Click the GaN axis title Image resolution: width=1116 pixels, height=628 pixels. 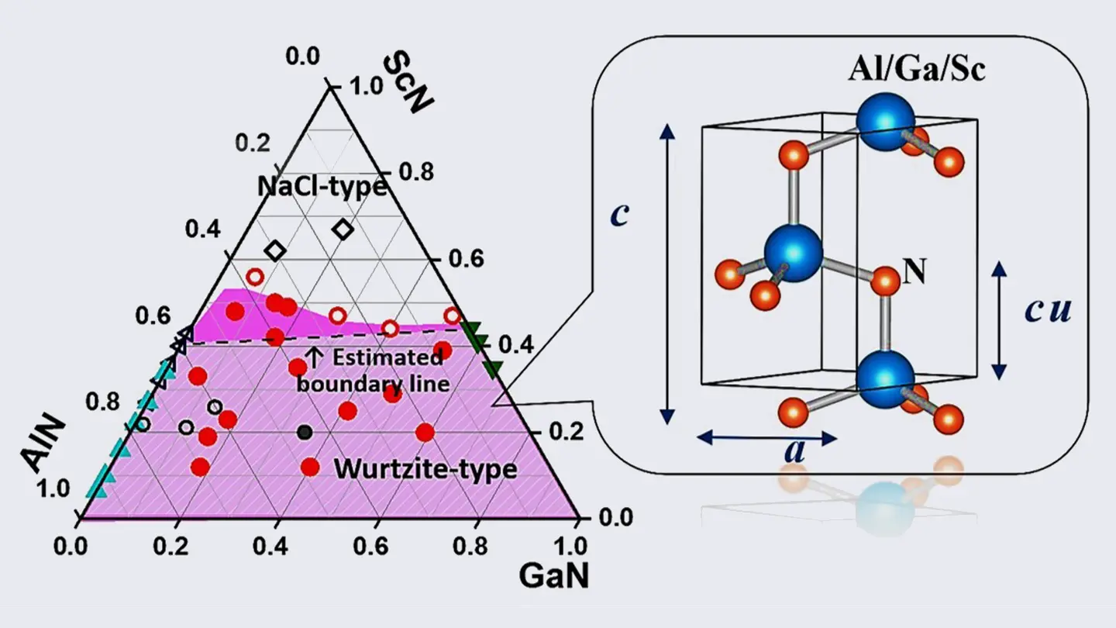[x=554, y=575]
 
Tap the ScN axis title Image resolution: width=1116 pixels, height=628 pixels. [x=408, y=83]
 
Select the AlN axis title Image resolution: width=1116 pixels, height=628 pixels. [x=43, y=444]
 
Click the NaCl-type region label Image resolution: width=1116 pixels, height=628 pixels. [x=322, y=186]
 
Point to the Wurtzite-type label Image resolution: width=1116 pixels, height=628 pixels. [x=425, y=469]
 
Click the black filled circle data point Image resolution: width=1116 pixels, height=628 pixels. [x=305, y=432]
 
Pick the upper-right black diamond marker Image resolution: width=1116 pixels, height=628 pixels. [x=343, y=229]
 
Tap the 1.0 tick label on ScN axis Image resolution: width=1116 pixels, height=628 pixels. [x=366, y=86]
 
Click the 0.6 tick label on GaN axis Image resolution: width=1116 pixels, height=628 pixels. [x=370, y=547]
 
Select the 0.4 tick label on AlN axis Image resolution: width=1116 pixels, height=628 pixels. [x=203, y=229]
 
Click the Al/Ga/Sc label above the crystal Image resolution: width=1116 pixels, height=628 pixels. [x=917, y=69]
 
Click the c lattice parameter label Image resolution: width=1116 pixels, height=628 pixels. [x=619, y=214]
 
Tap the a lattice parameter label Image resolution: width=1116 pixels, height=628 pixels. [x=795, y=450]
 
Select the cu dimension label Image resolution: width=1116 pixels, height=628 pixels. [x=1048, y=310]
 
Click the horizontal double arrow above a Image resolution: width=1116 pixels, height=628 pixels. [x=766, y=438]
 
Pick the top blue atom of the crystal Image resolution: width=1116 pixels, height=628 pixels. [x=886, y=121]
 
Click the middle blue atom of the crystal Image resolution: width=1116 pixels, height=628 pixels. [x=793, y=253]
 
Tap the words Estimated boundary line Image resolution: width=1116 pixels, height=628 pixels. [x=374, y=371]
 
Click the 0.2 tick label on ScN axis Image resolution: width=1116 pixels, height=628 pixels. [x=566, y=431]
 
